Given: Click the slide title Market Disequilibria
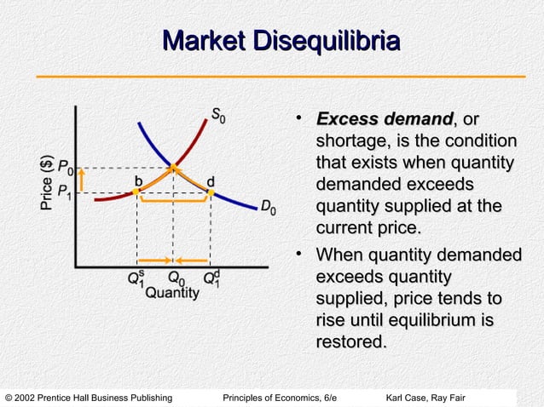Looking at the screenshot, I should (x=281, y=41).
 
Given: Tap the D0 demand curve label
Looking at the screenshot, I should (x=268, y=207).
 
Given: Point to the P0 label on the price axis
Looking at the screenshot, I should (x=64, y=168).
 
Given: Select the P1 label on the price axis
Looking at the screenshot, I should (x=64, y=192).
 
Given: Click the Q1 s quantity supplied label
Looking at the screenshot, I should (x=137, y=277).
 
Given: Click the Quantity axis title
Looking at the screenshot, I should (x=172, y=294).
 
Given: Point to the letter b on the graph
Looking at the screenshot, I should (x=137, y=181).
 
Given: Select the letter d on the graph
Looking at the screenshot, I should (x=210, y=181).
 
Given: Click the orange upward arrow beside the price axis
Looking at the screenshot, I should (x=82, y=181).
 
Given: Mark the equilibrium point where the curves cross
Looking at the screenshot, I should (x=173, y=168).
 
